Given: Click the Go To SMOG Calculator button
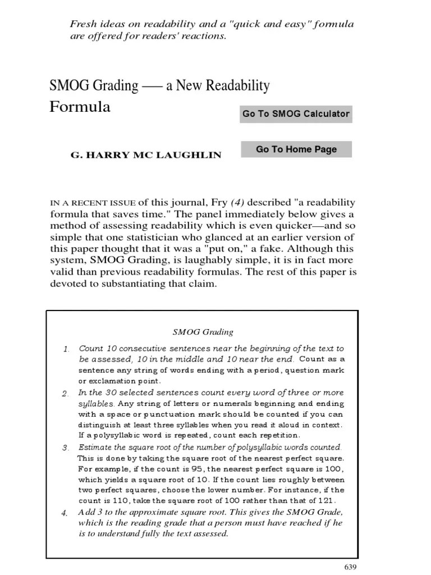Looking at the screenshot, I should (296, 113).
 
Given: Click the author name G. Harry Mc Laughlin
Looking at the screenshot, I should (145, 154).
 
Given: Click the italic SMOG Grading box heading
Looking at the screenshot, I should (201, 332).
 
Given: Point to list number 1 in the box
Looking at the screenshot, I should (66, 349).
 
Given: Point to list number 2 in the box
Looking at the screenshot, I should (66, 393).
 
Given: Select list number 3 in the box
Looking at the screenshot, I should (66, 448).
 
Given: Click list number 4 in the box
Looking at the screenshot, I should (66, 513).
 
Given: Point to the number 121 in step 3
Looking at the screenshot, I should (324, 500).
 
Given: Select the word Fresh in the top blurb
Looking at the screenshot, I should (82, 24).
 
